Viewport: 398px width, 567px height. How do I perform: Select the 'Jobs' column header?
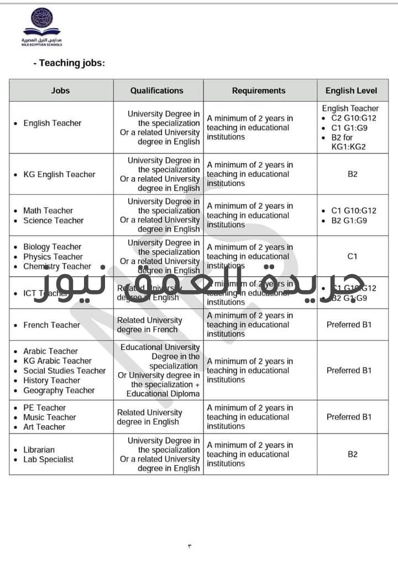(61, 91)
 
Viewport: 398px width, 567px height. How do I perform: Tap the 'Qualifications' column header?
(156, 90)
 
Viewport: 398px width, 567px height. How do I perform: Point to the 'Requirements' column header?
(259, 91)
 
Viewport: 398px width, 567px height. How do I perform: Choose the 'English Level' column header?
(352, 91)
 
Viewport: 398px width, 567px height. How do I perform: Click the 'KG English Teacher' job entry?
(59, 174)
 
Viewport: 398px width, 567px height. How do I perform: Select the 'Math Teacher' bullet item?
(48, 210)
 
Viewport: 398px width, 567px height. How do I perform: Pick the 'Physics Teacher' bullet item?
(53, 257)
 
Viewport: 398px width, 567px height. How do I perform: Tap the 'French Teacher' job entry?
(52, 325)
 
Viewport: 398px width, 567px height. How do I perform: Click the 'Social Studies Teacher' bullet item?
(64, 371)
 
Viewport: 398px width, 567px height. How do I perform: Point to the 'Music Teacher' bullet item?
(50, 417)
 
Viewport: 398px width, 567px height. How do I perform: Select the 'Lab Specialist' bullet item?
(48, 460)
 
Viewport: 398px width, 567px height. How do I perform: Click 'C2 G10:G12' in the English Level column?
(354, 118)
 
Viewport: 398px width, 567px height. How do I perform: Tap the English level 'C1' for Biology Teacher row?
(353, 256)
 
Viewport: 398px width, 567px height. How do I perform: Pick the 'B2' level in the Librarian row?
(353, 455)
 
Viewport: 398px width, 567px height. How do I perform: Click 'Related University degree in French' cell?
(149, 325)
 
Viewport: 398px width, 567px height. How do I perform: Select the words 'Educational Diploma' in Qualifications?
(163, 394)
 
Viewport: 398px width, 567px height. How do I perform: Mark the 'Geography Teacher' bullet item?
(59, 390)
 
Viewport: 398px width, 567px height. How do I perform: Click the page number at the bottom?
(189, 546)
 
